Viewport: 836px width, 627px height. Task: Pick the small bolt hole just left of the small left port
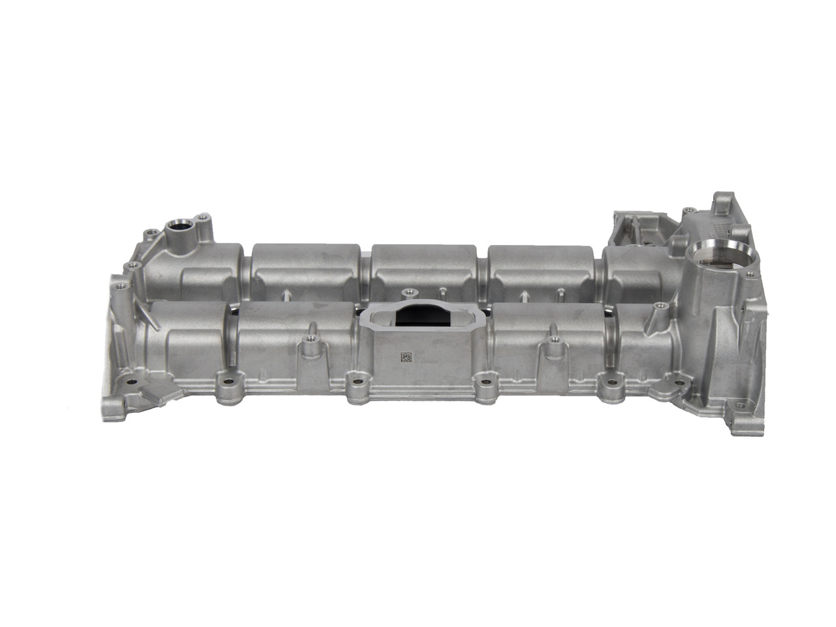(x=151, y=232)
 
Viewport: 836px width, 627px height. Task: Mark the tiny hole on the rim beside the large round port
(x=687, y=211)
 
